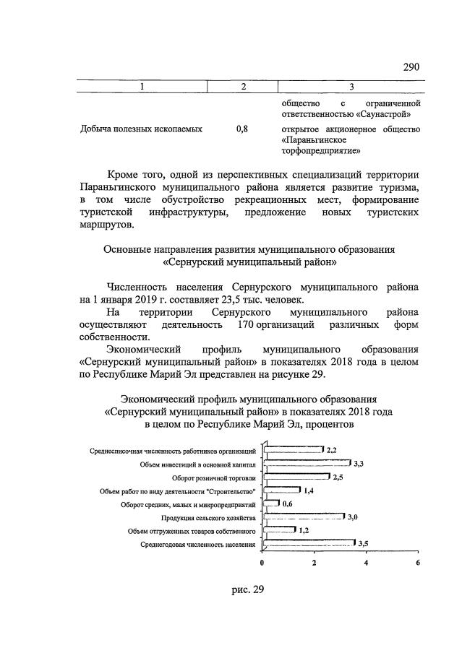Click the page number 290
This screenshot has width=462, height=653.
coord(411,67)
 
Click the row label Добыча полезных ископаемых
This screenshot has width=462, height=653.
coord(141,129)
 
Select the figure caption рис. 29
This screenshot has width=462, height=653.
coord(248,589)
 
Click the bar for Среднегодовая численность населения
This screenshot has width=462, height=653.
coord(309,543)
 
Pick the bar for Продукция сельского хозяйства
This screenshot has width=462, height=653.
coord(303,517)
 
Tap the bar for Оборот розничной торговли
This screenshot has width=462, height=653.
coord(296,477)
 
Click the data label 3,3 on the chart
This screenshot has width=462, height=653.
coord(358,463)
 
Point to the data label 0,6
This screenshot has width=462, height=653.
coord(287,503)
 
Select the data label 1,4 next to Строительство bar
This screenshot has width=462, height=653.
coord(308,490)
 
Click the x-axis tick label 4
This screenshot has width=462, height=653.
coord(366,563)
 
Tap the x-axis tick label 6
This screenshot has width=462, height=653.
coord(418,563)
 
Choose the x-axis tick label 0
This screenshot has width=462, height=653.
coord(262,563)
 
